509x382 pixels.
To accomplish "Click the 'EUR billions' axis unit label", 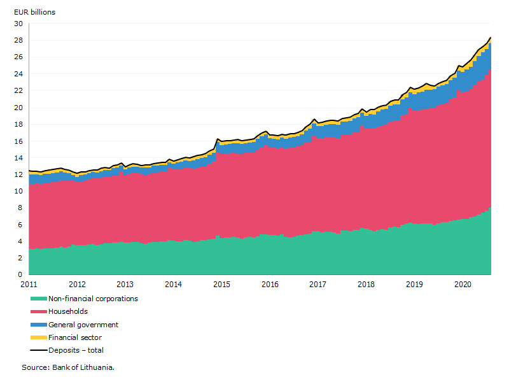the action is click(x=35, y=12).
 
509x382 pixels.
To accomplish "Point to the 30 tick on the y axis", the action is click(x=18, y=24).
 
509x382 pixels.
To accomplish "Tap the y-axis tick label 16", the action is click(x=18, y=141).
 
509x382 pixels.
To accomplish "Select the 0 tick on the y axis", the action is click(x=20, y=274).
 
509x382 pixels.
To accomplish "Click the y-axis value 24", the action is click(x=18, y=74).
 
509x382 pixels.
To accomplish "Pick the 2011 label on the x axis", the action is click(x=29, y=285).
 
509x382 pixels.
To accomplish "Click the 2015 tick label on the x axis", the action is click(x=221, y=285).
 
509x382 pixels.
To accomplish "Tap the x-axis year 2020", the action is click(x=463, y=285).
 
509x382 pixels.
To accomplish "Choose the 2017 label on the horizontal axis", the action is click(x=317, y=285).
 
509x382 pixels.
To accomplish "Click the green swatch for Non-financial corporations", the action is click(x=39, y=299).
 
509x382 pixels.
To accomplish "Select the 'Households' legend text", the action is click(x=68, y=311).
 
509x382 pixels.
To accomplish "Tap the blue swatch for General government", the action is click(x=39, y=325).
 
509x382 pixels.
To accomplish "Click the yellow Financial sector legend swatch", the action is click(x=39, y=337).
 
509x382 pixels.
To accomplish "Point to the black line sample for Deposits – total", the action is click(x=39, y=350).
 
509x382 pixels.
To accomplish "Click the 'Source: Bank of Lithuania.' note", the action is click(x=68, y=367).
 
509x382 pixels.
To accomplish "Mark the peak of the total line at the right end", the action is click(x=490, y=38).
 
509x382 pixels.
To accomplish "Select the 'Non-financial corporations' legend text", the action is click(x=93, y=299).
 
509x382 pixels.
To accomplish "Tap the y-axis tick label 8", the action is click(x=20, y=208).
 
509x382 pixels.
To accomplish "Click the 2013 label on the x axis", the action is click(x=125, y=285).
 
